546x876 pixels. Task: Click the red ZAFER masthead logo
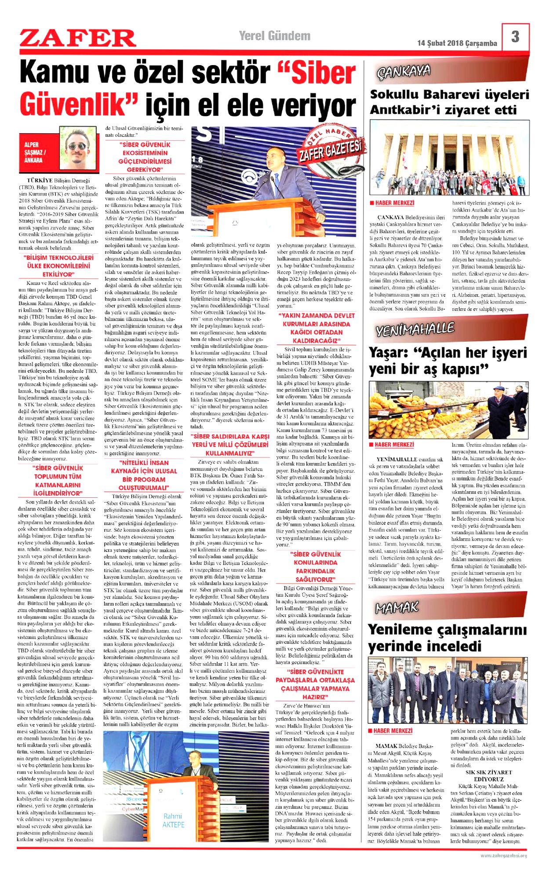pos(77,38)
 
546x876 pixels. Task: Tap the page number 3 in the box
pos(515,36)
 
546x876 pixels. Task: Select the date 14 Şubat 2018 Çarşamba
pos(457,43)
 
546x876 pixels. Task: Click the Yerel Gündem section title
pos(274,36)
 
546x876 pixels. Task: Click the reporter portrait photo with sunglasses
pos(78,148)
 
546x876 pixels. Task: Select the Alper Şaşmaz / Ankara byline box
pos(38,152)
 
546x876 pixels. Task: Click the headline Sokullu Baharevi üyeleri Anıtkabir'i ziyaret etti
pos(449,102)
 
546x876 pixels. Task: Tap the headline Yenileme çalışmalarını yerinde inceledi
pos(447,638)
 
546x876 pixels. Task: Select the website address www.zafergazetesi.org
pos(503,855)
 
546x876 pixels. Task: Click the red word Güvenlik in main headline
pos(78,105)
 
